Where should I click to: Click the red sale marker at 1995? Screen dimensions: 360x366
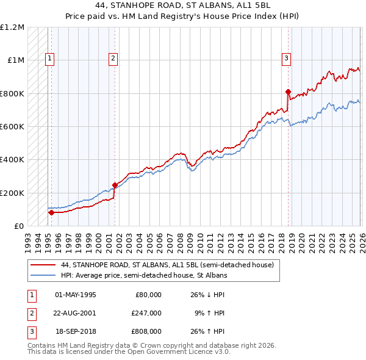[x=51, y=212]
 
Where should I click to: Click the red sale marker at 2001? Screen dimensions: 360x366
[x=115, y=185]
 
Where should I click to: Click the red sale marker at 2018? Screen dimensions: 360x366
[x=288, y=92]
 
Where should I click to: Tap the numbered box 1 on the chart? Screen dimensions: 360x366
[x=49, y=59]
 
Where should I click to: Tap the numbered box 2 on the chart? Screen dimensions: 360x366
[x=113, y=59]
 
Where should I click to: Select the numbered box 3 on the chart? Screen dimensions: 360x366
[x=286, y=59]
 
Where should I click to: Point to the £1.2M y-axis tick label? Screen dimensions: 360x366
[x=12, y=27]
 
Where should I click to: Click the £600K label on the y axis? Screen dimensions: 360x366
[x=12, y=127]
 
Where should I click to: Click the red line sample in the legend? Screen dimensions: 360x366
[x=43, y=265]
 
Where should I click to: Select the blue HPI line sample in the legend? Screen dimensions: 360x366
[x=43, y=275]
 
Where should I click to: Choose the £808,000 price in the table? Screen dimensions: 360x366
[x=146, y=331]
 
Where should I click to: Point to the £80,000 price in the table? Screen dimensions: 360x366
[x=148, y=294]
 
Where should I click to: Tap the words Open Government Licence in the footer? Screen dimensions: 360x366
[x=184, y=352]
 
